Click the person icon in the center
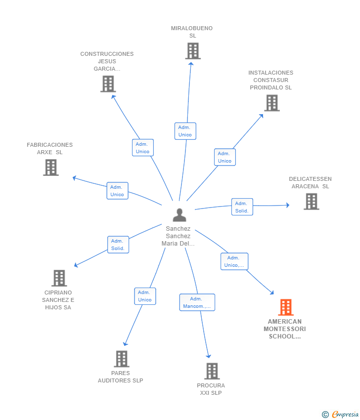[180, 215]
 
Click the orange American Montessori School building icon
[286, 307]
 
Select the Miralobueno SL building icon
[193, 51]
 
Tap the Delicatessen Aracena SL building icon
[312, 202]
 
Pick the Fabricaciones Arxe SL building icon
[51, 168]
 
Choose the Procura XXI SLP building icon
[212, 371]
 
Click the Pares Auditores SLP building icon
[122, 359]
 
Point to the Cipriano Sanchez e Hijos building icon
[59, 278]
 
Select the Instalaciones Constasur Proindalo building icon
[272, 103]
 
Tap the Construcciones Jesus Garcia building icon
[108, 84]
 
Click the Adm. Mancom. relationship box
[197, 302]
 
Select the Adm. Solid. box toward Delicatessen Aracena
[242, 207]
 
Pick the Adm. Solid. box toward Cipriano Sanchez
[118, 245]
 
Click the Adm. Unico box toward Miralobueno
[185, 131]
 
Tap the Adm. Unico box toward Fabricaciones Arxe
[117, 191]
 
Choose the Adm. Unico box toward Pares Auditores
[145, 296]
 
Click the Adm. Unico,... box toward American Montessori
[234, 261]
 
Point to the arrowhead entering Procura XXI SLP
[209, 356]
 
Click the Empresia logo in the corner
[340, 415]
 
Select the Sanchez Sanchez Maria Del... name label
[178, 236]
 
